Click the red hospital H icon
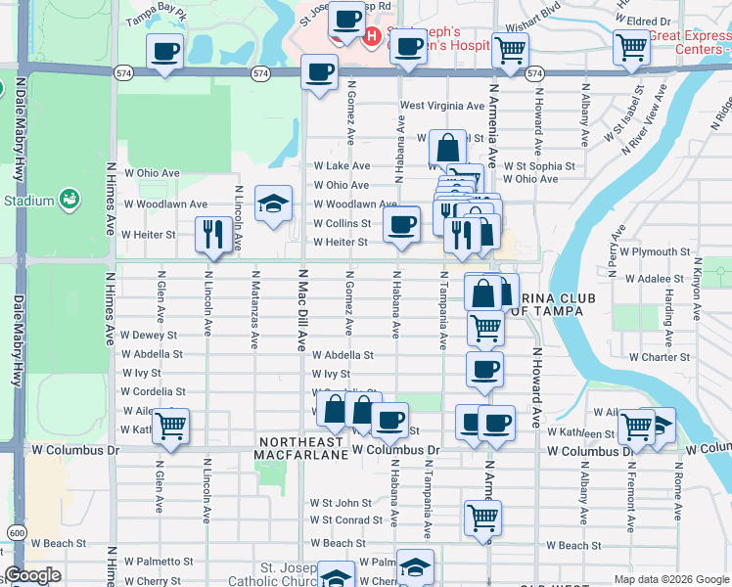372,38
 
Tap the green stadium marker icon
69,200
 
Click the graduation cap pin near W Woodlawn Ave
274,203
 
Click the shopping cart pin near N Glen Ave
171,426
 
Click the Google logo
32,575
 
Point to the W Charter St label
659,357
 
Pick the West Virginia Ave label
441,106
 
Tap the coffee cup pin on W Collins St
400,224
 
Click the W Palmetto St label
159,562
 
